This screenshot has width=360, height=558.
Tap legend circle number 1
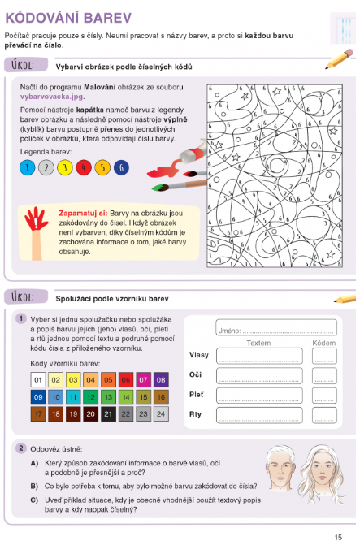[x=27, y=168]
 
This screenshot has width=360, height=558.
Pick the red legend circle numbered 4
[x=83, y=168]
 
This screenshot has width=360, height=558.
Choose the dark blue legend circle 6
[x=121, y=168]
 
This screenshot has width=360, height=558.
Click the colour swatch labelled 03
[x=72, y=379]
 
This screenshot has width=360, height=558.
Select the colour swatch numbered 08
[x=161, y=379]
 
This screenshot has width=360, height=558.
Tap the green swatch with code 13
[x=108, y=397]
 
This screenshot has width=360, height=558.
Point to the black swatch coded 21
[x=108, y=414]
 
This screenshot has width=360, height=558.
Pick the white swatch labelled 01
[x=37, y=379]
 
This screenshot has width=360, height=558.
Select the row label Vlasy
[x=199, y=356]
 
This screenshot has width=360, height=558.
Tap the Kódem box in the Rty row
[x=324, y=415]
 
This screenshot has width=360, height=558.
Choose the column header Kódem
[x=324, y=344]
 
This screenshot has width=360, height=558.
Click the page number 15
[x=338, y=537]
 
